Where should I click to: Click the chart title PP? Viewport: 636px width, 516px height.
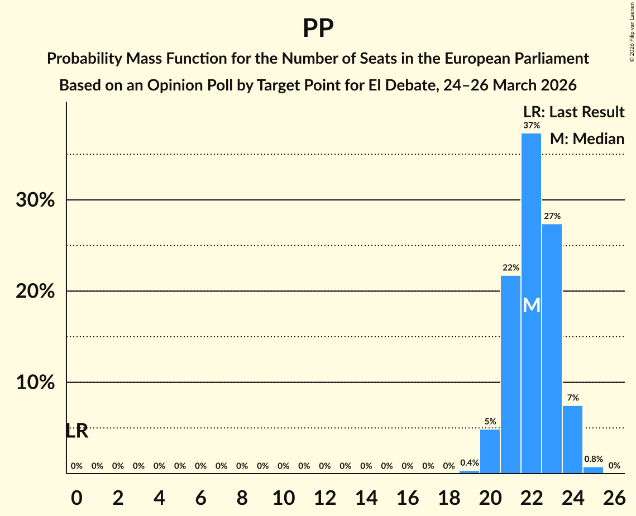point(318,28)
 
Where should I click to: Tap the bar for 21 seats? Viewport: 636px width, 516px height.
point(510,374)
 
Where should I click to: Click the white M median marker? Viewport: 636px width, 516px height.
point(532,305)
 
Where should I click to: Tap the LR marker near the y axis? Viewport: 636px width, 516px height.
point(77,431)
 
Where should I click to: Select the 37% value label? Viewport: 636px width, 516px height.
point(531,126)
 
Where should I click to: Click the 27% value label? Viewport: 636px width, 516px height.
point(552,216)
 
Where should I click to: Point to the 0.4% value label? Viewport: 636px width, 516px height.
point(469,462)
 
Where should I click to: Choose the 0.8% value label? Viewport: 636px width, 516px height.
point(593,459)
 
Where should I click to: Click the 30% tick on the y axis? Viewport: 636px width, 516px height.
point(35,200)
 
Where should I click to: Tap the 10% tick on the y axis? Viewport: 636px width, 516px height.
point(35,383)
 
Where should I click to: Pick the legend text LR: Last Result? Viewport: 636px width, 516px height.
point(573,112)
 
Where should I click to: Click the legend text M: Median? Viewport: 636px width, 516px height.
point(587,138)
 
